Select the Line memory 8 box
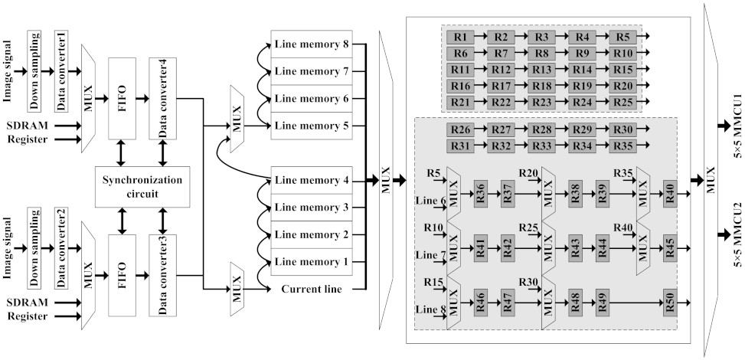pyautogui.click(x=312, y=44)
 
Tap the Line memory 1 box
pyautogui.click(x=312, y=262)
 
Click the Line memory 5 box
pyautogui.click(x=312, y=125)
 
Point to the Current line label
pyautogui.click(x=312, y=289)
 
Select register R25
pyautogui.click(x=623, y=102)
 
